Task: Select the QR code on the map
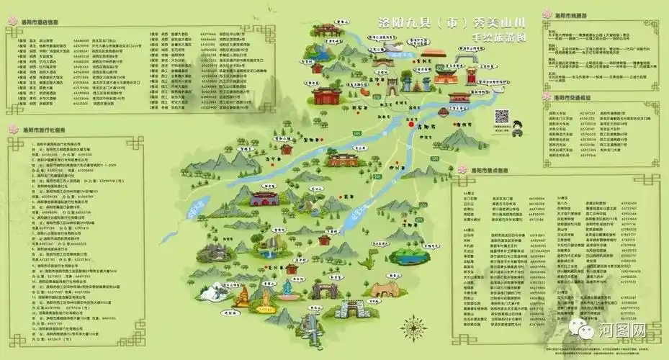click(502, 117)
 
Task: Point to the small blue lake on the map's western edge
click(192, 209)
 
